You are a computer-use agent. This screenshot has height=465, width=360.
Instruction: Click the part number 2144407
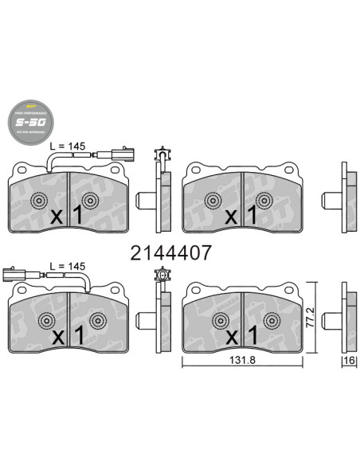pos(170,253)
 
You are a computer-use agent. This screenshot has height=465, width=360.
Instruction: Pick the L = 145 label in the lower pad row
pos(67,265)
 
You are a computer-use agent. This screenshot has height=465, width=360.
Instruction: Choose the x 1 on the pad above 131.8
pos(240,335)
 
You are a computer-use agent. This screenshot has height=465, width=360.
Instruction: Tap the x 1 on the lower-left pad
pos(68,335)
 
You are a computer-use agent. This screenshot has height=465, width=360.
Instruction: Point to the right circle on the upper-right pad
pos(271,200)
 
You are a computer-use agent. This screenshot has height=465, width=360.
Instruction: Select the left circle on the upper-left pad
pos(41,200)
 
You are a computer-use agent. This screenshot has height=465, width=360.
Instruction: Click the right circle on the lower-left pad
pos(99,321)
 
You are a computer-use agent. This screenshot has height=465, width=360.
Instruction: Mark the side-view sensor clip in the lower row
pos(163,287)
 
